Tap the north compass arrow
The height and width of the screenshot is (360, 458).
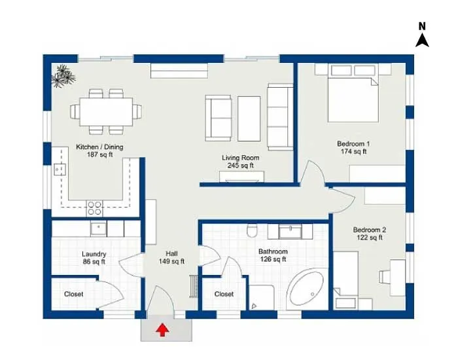422,41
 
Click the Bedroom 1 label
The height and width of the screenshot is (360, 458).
353,147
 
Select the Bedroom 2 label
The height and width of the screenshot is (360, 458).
370,234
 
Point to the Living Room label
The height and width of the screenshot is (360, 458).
240,162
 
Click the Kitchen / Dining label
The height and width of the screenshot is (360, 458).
99,151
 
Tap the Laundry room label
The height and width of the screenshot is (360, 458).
94,258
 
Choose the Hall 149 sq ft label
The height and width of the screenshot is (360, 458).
171,257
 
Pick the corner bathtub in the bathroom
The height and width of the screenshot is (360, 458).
308,289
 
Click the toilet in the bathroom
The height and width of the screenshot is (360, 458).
251,230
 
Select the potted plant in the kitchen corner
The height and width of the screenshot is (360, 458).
63,76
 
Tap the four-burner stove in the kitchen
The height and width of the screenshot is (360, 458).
95,208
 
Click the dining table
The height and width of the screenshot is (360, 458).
106,112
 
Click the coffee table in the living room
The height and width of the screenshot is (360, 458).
249,118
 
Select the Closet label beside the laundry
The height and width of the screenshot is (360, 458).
73,294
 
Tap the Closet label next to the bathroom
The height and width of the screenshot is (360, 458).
224,294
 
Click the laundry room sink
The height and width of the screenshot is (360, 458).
98,229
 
